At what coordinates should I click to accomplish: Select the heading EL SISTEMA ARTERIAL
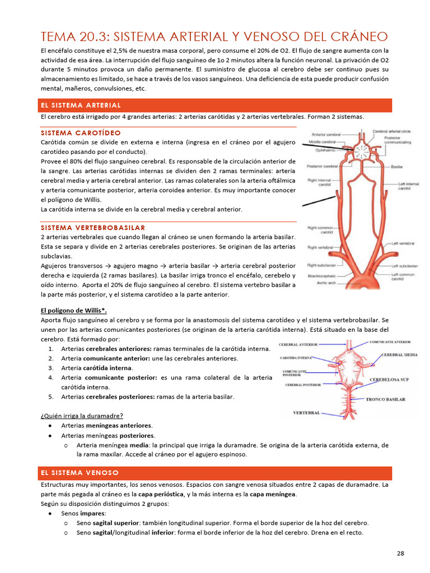(80, 105)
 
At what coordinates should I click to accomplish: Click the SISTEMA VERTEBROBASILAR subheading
(93, 227)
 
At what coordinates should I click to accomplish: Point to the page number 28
(400, 553)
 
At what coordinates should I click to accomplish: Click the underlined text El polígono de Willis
(73, 311)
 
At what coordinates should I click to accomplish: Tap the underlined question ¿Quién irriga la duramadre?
(82, 415)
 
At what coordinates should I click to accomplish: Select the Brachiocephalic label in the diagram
(321, 276)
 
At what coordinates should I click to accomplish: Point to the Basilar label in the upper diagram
(397, 166)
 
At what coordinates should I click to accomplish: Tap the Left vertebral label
(403, 244)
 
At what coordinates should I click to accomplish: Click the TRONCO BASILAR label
(385, 400)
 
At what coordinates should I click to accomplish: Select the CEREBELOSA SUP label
(389, 379)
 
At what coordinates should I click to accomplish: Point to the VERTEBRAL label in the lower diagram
(307, 413)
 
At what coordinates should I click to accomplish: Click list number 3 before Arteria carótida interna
(50, 368)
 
